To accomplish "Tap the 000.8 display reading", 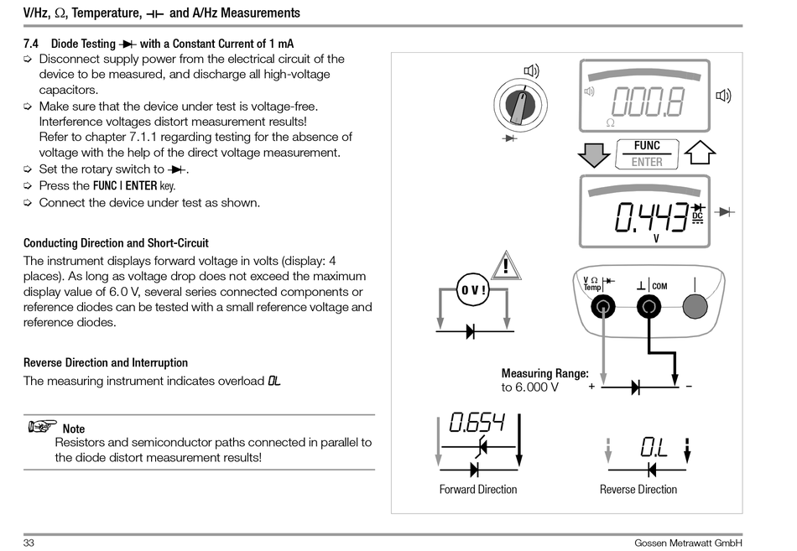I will pyautogui.click(x=647, y=101).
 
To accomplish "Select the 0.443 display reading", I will pyautogui.click(x=651, y=219).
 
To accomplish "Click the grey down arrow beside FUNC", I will pyautogui.click(x=594, y=154).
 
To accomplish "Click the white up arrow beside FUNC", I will pyautogui.click(x=700, y=153).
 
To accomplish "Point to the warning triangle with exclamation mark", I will pyautogui.click(x=508, y=266).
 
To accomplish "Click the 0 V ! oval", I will pyautogui.click(x=473, y=290).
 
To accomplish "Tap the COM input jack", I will pyautogui.click(x=647, y=307).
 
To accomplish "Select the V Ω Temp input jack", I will pyautogui.click(x=602, y=307).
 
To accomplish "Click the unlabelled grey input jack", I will pyautogui.click(x=693, y=307).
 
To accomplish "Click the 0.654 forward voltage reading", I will pyautogui.click(x=477, y=423).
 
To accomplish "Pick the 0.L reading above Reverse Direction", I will pyautogui.click(x=653, y=447).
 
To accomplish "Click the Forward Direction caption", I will pyautogui.click(x=478, y=490).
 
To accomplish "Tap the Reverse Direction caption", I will pyautogui.click(x=638, y=490).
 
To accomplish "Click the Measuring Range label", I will pyautogui.click(x=544, y=373).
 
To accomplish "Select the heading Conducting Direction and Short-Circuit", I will pyautogui.click(x=116, y=243).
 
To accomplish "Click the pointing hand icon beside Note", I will pyautogui.click(x=41, y=427).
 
